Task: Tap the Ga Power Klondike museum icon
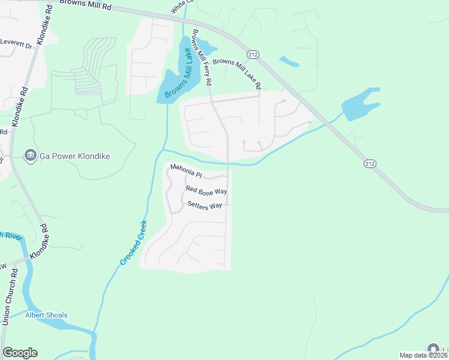point(29,156)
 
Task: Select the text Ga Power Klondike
point(75,157)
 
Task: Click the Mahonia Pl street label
point(187,170)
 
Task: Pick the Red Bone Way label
point(206,190)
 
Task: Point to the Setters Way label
point(205,205)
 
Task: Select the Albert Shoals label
point(46,315)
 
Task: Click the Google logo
point(20,353)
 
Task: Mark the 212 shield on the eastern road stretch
point(369,163)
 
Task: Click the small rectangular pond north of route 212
point(289,61)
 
